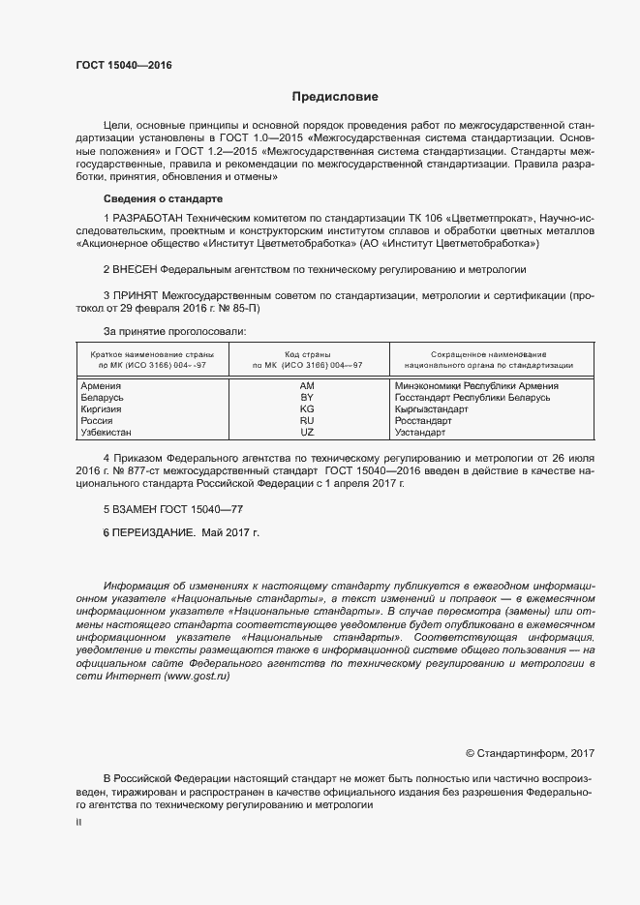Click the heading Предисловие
[335, 97]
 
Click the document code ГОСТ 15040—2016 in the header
[125, 66]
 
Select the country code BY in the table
[307, 397]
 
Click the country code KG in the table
[307, 409]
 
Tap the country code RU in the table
[307, 421]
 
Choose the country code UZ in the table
[307, 433]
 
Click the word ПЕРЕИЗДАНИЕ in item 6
[154, 532]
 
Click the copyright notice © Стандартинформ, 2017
[530, 753]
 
